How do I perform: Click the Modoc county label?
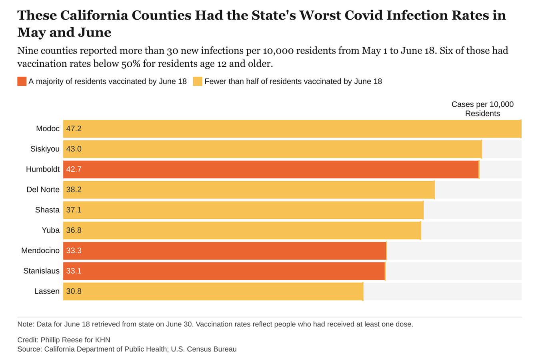tap(48, 128)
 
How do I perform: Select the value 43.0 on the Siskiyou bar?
tap(74, 149)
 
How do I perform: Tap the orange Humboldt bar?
tap(271, 169)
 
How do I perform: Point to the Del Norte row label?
tap(43, 190)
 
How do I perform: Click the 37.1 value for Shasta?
tap(74, 210)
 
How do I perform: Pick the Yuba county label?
tap(50, 230)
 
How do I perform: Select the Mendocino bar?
tap(224, 251)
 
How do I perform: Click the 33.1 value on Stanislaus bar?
tap(74, 271)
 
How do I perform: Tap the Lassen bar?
tap(213, 292)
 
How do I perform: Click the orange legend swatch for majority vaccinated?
tap(22, 81)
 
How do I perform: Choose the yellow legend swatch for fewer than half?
tap(198, 81)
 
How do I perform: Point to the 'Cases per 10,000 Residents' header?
tap(482, 109)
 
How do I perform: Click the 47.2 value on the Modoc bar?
tap(74, 128)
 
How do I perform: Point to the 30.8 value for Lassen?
tap(74, 292)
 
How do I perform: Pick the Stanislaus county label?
tap(41, 271)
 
